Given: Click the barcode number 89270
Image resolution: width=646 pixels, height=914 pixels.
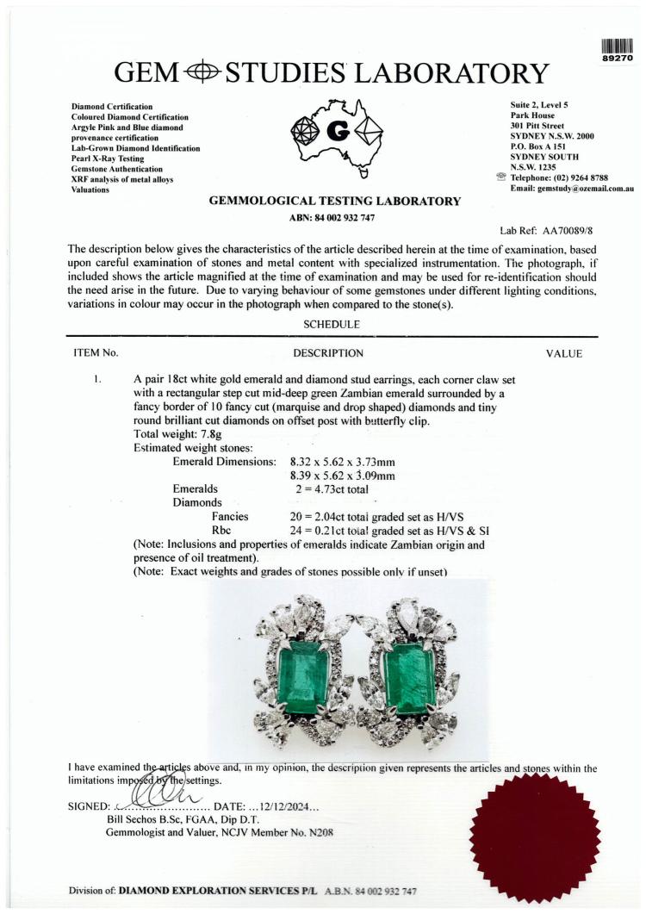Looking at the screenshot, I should (x=618, y=59).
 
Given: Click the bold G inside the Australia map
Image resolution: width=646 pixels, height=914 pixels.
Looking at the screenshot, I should (x=338, y=133).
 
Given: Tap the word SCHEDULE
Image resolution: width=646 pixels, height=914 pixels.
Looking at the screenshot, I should (x=332, y=324).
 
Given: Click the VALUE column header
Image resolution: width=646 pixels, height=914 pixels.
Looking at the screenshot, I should (x=563, y=353).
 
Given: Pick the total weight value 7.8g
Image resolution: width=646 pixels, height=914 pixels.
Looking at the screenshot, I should (x=209, y=434).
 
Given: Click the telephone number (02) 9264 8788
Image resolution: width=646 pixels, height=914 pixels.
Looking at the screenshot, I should (x=572, y=177).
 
